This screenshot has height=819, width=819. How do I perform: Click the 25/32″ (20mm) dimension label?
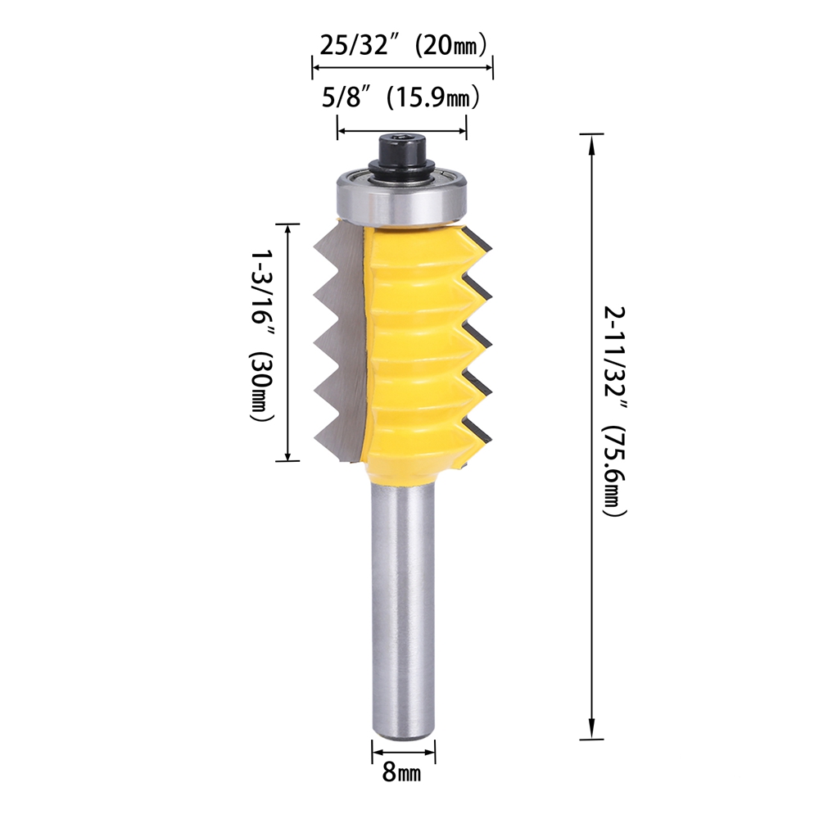[403, 45]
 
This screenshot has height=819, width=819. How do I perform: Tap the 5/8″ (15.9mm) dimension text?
[400, 97]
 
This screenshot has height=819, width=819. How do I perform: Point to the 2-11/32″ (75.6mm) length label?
[615, 411]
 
